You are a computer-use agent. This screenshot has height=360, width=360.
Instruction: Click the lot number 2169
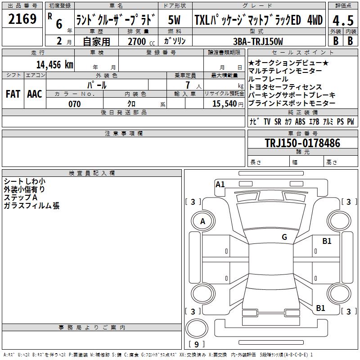click(22, 19)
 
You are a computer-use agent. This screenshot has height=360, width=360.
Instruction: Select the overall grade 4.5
click(343, 20)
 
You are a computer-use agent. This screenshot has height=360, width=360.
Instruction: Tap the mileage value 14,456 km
click(55, 65)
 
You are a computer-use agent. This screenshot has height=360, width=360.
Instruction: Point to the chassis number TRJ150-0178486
click(302, 143)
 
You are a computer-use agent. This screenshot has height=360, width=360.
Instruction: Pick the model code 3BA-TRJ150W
click(258, 41)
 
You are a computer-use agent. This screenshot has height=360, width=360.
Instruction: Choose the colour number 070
click(75, 104)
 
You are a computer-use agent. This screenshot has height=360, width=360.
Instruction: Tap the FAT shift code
click(13, 94)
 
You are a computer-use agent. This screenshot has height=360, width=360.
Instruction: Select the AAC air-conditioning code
click(35, 94)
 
